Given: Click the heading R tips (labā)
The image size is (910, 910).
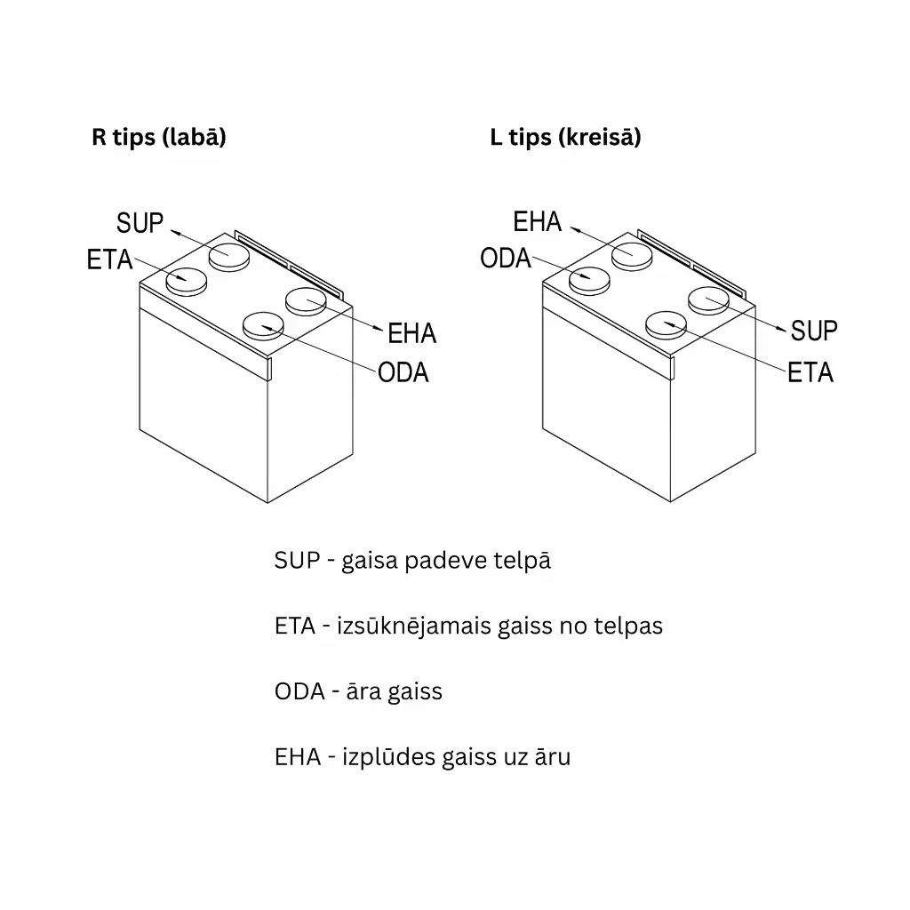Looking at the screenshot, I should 158,138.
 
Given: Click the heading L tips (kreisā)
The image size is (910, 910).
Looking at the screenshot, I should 565,138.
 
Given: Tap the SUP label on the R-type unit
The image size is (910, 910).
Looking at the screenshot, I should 140,223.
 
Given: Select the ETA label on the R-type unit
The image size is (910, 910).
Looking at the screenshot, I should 110,260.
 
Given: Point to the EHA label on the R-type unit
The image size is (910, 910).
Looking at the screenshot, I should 412,334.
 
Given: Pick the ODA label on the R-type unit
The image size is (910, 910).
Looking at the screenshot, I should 403,372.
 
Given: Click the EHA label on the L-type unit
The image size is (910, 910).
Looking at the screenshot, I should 538,221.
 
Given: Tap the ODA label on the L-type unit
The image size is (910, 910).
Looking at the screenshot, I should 506,259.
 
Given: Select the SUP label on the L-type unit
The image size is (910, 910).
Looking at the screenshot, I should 814,331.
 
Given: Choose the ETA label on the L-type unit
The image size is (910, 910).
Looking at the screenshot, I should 810,372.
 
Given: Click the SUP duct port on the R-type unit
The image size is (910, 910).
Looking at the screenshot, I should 229,256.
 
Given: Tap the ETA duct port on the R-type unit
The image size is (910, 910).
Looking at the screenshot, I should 187,280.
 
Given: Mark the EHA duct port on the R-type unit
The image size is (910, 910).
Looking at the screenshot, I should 307,300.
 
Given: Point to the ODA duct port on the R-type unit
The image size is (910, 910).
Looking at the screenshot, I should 264,325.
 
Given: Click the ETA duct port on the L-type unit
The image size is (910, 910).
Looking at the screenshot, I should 667,323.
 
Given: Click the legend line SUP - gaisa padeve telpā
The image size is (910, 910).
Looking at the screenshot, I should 412,561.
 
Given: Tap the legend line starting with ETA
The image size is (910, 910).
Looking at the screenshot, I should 468,626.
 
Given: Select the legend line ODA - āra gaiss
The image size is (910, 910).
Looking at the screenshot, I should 358,691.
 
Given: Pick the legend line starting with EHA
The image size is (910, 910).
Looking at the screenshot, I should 422,757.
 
